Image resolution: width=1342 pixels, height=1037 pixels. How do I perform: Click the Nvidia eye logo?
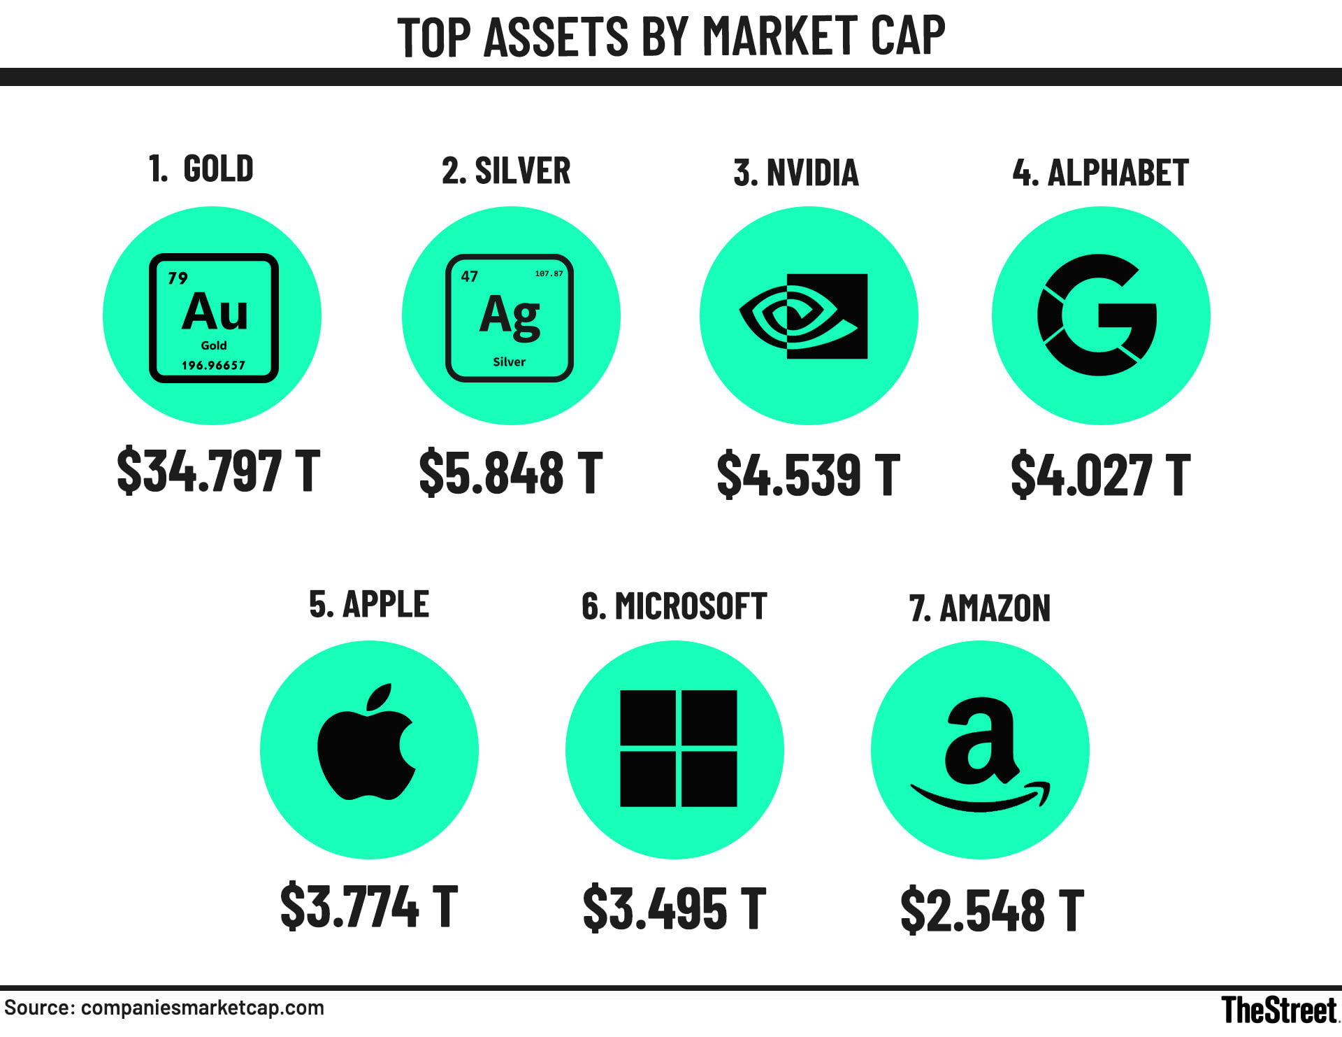coord(804,316)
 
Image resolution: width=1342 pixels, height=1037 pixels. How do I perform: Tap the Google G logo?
coord(1097,315)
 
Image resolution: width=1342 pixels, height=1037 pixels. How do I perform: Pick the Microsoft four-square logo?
coord(678,748)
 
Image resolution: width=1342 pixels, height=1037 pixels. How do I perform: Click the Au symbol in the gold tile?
coord(215,312)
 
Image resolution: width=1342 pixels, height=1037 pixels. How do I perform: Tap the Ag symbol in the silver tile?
coord(510,315)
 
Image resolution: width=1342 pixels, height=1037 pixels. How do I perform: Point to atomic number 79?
coord(178,278)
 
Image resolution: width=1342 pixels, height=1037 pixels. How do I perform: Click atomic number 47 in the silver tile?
coord(470,276)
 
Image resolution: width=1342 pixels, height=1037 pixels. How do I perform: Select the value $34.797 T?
coord(218,471)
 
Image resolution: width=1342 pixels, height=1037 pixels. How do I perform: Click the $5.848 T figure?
coord(510,473)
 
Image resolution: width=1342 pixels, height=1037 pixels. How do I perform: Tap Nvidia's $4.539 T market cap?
coord(808,475)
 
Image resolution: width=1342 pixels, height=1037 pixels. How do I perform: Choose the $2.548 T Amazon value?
coord(992,910)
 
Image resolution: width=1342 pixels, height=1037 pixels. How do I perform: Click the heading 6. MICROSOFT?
coord(674,606)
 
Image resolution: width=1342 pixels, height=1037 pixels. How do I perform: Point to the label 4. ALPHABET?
coord(1100,173)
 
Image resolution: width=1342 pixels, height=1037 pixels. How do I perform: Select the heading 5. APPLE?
coord(368,604)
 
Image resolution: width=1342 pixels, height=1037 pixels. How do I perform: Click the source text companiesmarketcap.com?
coord(202,1008)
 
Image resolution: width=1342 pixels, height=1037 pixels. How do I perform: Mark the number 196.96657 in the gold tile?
coord(213,365)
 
